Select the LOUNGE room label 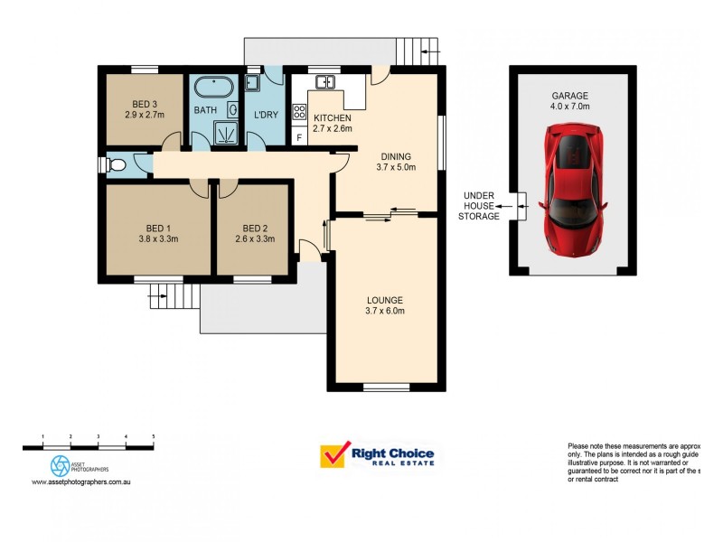tap(384, 300)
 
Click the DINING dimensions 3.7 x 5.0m tap(396, 166)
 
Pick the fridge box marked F tap(299, 137)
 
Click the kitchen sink tap(324, 83)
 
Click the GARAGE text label tap(570, 95)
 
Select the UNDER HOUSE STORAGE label tap(479, 205)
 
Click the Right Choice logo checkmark tap(334, 455)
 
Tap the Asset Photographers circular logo tap(60, 465)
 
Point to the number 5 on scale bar tap(153, 437)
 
